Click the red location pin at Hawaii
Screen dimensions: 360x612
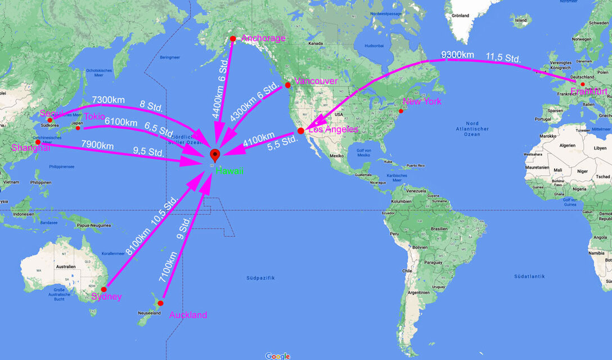(x=214, y=156)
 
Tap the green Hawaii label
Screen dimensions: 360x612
(x=229, y=170)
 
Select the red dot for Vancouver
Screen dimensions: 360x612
(x=287, y=85)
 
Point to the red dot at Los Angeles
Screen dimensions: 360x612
(x=300, y=130)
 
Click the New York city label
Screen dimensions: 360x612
(x=422, y=101)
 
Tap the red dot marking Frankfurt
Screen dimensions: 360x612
(x=574, y=84)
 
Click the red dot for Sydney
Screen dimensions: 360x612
(x=103, y=289)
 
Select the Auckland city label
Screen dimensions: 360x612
(x=188, y=315)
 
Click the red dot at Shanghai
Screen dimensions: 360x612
(x=38, y=142)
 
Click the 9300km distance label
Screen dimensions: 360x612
(x=457, y=55)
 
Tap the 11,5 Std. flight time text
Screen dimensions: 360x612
(x=503, y=57)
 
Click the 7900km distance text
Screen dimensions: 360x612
(x=98, y=146)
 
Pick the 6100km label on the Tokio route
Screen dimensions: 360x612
(x=120, y=123)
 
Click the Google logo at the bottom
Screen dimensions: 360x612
(x=277, y=355)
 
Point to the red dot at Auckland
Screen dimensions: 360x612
(x=160, y=303)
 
